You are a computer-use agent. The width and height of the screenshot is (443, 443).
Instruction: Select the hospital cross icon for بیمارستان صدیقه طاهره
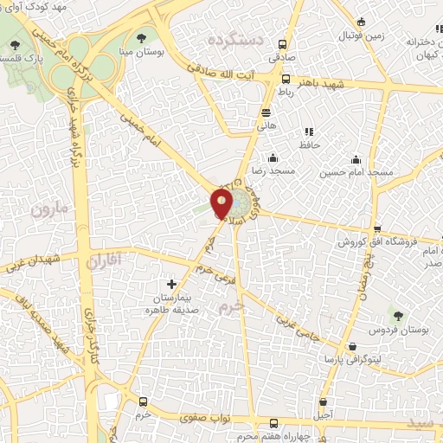pos(171,284)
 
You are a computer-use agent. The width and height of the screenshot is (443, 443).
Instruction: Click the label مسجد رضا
pos(269,171)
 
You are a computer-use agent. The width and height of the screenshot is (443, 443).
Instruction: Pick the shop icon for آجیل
pos(323,402)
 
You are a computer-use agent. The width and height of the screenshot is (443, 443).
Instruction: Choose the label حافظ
pos(309,144)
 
